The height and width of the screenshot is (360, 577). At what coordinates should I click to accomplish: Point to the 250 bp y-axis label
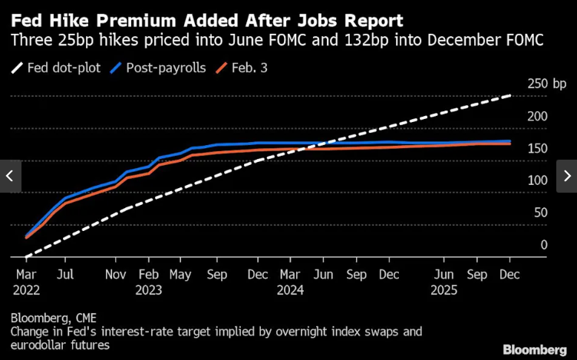(x=546, y=84)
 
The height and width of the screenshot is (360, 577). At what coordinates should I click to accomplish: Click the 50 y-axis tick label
(x=540, y=213)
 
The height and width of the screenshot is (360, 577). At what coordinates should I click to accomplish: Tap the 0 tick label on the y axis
(x=543, y=245)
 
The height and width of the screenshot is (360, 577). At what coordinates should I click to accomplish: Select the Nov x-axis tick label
(x=115, y=274)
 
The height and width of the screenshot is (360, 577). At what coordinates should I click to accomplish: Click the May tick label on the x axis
(x=180, y=274)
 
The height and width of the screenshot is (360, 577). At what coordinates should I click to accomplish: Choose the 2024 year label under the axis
(x=290, y=290)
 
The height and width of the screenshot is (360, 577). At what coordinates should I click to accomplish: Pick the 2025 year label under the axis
(x=444, y=290)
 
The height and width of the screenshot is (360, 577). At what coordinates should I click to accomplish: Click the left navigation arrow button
(x=10, y=176)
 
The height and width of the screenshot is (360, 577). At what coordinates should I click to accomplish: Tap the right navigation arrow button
(x=567, y=176)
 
